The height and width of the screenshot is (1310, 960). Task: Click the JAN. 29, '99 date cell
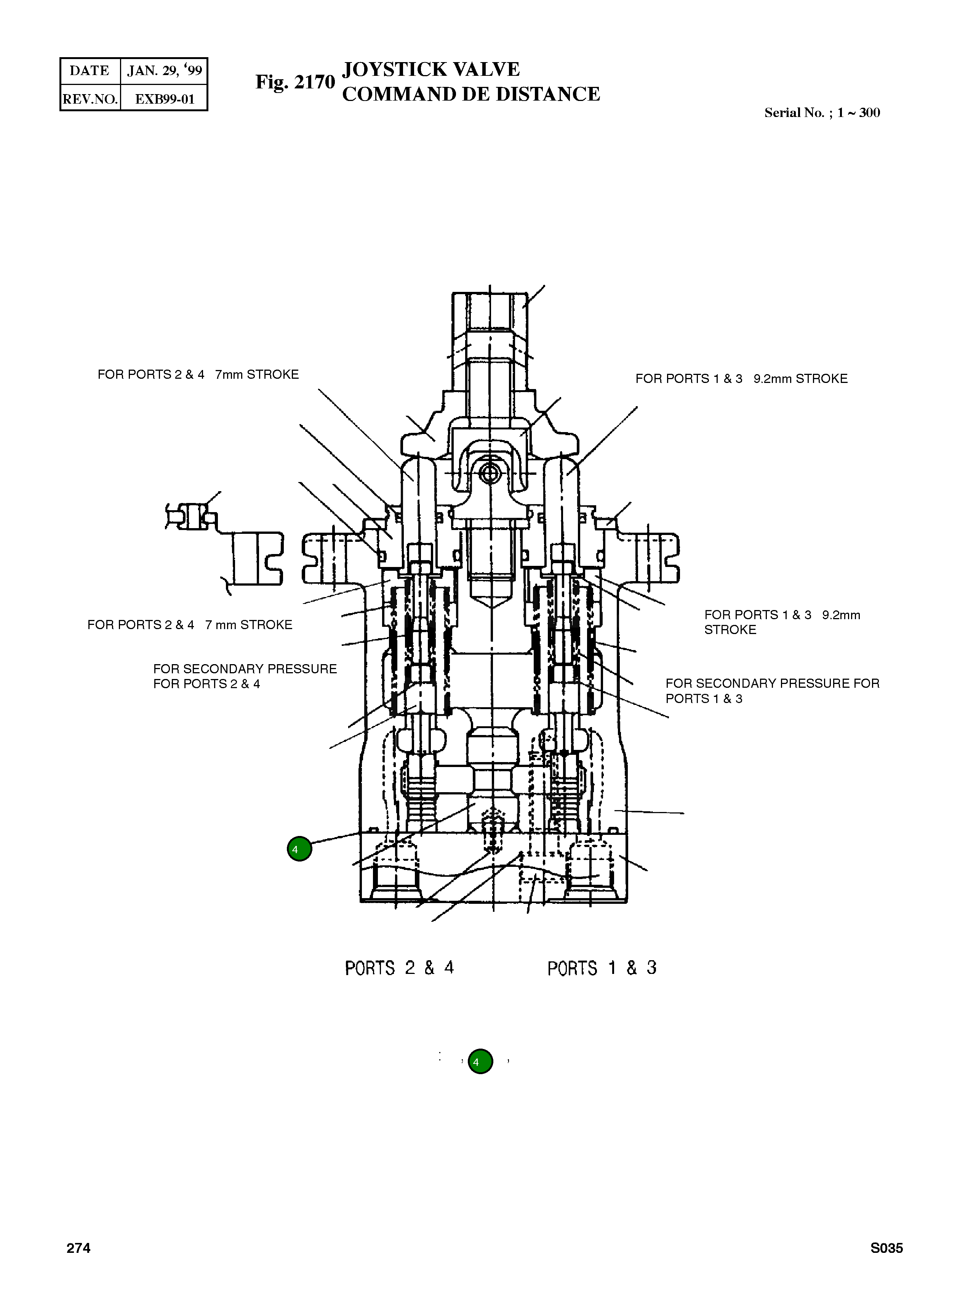(165, 71)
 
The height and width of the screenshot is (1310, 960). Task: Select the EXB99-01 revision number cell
(165, 99)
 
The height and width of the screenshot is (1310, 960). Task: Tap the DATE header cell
(90, 71)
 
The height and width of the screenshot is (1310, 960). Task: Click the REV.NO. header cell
(90, 99)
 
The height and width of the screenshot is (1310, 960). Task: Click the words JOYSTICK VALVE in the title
(430, 69)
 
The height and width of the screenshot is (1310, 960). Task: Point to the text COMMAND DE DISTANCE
(471, 94)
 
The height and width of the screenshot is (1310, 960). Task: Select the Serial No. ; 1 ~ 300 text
(822, 113)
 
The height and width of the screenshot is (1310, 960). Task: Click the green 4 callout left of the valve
(299, 849)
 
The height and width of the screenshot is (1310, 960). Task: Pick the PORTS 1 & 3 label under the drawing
(602, 968)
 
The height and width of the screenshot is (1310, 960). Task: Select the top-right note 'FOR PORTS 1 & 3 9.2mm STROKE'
(741, 379)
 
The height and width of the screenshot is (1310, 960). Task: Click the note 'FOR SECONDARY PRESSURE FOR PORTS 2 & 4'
(245, 676)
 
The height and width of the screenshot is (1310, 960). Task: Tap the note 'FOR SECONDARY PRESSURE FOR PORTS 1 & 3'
(772, 690)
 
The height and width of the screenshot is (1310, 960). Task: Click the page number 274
(78, 1248)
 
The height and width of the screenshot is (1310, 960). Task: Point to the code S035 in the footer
(886, 1248)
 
